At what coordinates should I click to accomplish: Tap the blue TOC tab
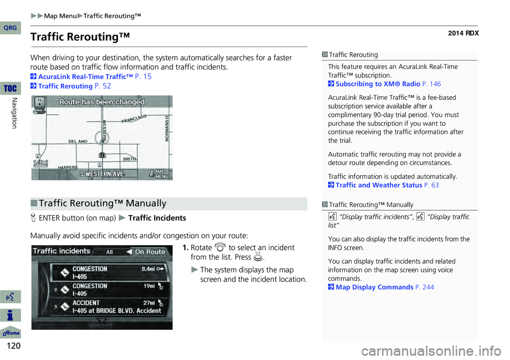(x=10, y=87)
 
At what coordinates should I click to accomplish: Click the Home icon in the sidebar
(x=11, y=332)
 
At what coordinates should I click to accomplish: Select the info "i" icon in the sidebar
(x=11, y=314)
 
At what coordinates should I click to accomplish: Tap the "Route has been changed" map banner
(x=101, y=102)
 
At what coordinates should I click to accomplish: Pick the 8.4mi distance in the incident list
(x=150, y=269)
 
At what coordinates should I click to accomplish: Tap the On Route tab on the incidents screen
(x=149, y=252)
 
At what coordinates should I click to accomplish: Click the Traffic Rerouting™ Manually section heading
(x=103, y=203)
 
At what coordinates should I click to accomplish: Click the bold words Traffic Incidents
(x=157, y=218)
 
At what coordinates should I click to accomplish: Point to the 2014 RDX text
(x=463, y=33)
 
